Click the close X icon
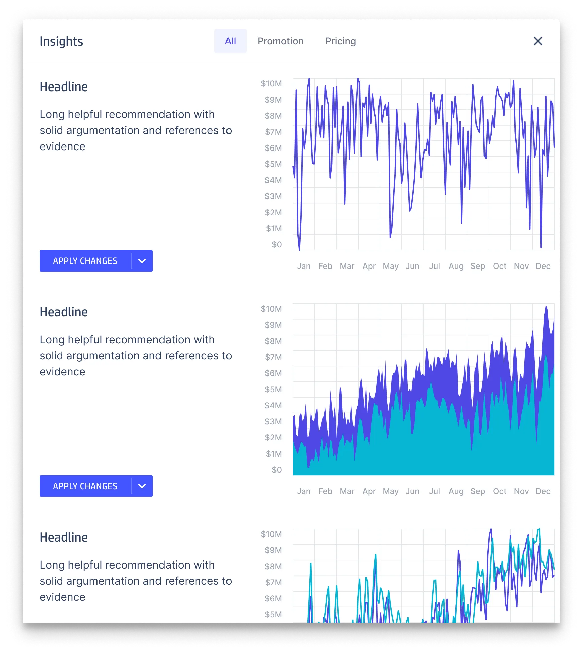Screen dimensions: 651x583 click(538, 41)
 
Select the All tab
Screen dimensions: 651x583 click(230, 41)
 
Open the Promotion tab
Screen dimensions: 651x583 click(280, 41)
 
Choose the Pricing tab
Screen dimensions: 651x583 click(340, 41)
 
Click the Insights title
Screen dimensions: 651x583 click(61, 41)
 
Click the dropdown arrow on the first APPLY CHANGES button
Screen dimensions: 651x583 click(142, 261)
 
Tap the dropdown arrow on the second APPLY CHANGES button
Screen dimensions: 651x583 click(142, 486)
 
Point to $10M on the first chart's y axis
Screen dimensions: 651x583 click(271, 83)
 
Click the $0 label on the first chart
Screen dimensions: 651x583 click(277, 244)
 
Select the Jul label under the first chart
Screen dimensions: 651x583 click(434, 266)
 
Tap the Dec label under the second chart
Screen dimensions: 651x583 click(543, 491)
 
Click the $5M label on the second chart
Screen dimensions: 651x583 click(273, 389)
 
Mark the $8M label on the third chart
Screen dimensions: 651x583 click(273, 566)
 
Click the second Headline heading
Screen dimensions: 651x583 click(64, 312)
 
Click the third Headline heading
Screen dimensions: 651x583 click(64, 537)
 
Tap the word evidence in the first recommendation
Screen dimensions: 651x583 click(62, 146)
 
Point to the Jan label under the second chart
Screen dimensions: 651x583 click(304, 491)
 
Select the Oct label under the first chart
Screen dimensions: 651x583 click(499, 266)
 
